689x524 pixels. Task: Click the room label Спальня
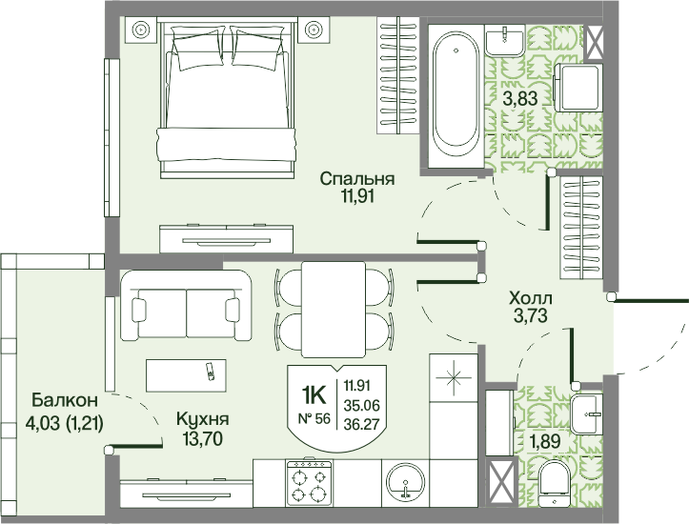click(356, 179)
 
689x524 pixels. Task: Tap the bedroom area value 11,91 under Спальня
click(356, 197)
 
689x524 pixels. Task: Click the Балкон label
click(61, 398)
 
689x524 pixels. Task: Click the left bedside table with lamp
click(140, 30)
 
